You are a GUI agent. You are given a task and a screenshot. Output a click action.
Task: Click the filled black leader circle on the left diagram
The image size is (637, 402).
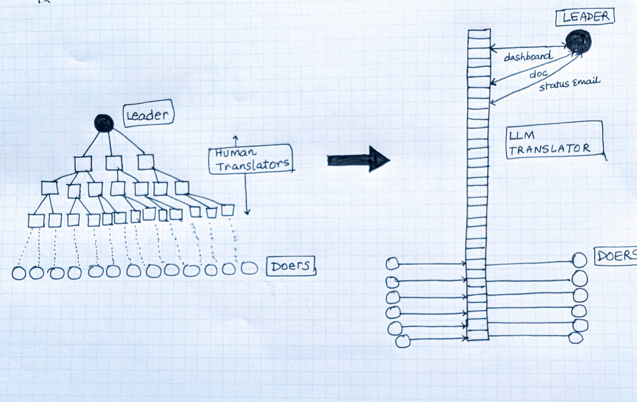(x=104, y=123)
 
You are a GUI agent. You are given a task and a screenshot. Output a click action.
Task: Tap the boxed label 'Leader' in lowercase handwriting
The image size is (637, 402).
(x=148, y=115)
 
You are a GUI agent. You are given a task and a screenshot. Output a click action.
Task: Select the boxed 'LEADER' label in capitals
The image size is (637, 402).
(x=585, y=17)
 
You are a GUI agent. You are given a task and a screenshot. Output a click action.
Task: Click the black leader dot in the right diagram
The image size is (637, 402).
(x=578, y=42)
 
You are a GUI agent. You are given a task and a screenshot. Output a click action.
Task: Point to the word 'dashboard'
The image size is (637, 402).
(x=527, y=56)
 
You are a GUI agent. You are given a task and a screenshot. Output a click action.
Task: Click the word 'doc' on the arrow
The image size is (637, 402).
(x=538, y=74)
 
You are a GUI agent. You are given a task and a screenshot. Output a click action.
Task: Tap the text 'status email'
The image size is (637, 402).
(x=569, y=83)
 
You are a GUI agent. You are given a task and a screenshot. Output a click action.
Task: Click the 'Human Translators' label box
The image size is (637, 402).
(x=251, y=159)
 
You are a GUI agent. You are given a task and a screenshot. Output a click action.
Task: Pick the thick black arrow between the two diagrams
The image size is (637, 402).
(x=358, y=160)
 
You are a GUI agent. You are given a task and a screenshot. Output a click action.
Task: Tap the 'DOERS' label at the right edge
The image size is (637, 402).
(x=615, y=256)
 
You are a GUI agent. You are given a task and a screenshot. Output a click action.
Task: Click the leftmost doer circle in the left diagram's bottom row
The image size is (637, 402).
(x=19, y=273)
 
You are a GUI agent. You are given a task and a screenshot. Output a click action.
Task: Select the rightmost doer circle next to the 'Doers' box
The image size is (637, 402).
(x=249, y=268)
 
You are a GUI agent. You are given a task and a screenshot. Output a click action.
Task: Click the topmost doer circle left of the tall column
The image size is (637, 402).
(x=392, y=264)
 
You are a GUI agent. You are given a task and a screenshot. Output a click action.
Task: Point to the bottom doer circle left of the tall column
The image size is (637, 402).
(x=402, y=341)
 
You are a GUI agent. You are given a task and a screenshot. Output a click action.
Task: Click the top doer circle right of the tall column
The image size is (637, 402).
(x=580, y=260)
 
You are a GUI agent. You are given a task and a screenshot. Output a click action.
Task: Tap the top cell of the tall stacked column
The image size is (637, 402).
(x=479, y=35)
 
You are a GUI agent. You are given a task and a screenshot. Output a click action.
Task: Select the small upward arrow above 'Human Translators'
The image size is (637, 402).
(x=235, y=140)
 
